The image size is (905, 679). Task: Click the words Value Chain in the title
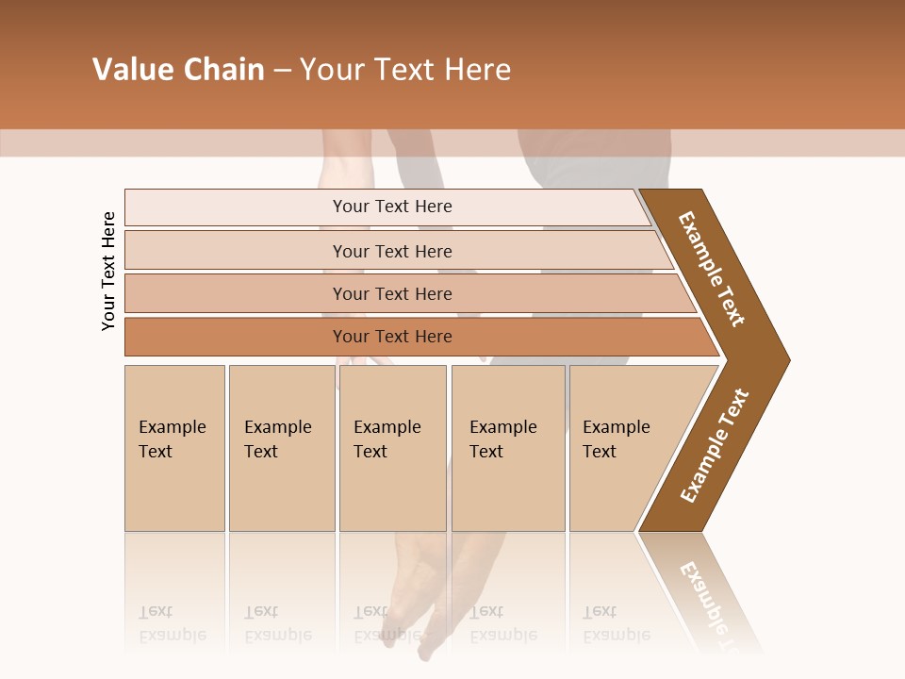point(178,69)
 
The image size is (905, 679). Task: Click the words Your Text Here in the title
point(405,69)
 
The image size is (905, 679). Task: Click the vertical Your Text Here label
point(108,271)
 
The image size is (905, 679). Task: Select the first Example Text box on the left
point(174,448)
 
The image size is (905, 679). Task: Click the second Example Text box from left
point(281,448)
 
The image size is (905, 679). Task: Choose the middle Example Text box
point(392,448)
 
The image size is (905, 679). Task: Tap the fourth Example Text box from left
point(507,448)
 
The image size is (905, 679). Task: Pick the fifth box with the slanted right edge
point(622,448)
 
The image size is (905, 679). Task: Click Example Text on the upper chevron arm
point(712,269)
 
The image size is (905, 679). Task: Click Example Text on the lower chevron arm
point(714,446)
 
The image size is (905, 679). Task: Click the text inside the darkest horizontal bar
point(392,337)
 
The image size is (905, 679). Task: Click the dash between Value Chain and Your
point(282,70)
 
